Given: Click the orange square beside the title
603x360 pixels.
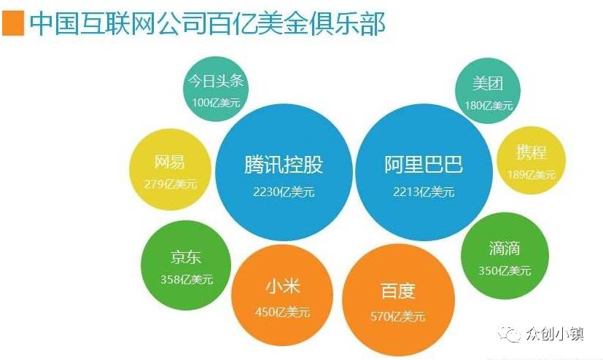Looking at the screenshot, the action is [x=13, y=24].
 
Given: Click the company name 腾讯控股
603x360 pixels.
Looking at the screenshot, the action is [x=284, y=165].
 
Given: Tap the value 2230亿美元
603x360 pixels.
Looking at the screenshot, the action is [x=284, y=192].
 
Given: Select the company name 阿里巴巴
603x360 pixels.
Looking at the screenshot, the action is [x=424, y=165].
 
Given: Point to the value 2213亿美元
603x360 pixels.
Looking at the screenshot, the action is [x=424, y=192].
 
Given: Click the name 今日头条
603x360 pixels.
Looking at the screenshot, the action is [x=216, y=81].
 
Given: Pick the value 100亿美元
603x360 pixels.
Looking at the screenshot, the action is [x=216, y=103].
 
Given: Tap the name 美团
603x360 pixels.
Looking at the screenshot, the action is [x=488, y=83].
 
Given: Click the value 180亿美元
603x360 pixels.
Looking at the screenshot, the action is [x=489, y=105].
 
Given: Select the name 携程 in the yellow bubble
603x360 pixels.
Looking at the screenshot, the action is [x=531, y=152].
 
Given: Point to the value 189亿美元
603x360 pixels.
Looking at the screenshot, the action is [x=532, y=175].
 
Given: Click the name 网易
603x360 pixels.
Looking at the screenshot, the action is [x=169, y=162].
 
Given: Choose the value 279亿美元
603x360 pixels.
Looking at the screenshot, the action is [x=171, y=184].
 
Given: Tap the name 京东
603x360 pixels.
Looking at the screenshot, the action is [x=186, y=257].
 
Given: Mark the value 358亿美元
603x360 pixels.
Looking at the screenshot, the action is [x=187, y=279].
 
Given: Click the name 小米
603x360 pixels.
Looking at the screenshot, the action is [x=283, y=286].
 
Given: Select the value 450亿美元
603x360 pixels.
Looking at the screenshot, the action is [x=282, y=312].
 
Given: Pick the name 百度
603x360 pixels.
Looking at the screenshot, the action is [x=398, y=291].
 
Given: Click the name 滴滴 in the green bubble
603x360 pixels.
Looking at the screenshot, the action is [x=504, y=249].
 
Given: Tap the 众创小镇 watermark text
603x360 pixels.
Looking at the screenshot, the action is [x=555, y=334].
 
